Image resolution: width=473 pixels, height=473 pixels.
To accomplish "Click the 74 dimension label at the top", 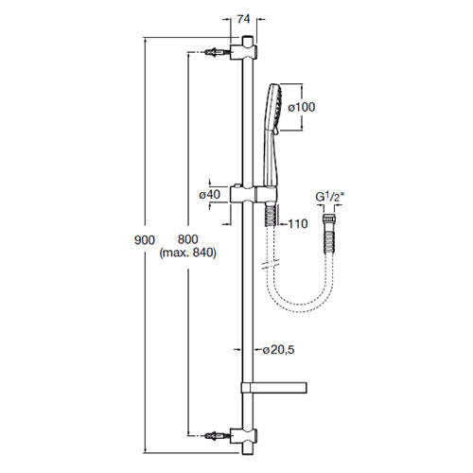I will click(x=243, y=18).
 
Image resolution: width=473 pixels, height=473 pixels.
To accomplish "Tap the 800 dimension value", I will click(x=190, y=241).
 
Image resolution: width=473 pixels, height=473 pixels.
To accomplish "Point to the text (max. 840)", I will click(x=189, y=254).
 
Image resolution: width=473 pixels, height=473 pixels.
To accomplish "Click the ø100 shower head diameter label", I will click(x=301, y=107).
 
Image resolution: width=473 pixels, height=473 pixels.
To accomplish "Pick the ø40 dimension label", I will click(x=210, y=194).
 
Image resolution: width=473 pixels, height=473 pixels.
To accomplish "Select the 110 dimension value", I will click(x=298, y=224).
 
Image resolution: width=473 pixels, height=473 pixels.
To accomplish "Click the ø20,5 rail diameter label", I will click(x=280, y=350).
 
